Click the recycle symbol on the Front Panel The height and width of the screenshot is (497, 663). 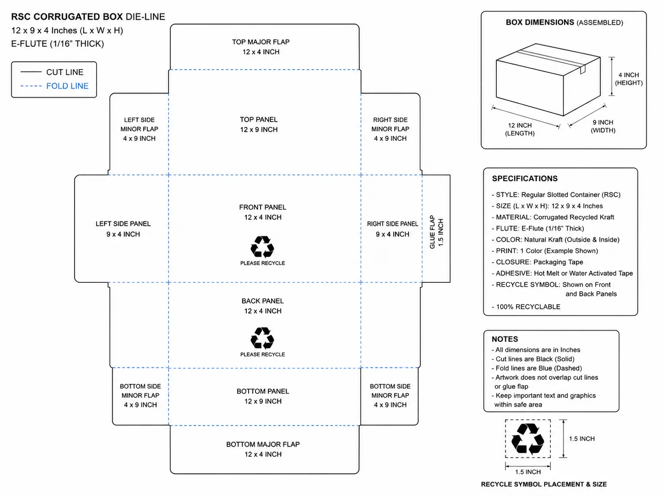tap(262, 247)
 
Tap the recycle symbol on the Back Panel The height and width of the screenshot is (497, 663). tap(262, 338)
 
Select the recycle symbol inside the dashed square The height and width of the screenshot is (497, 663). tap(527, 438)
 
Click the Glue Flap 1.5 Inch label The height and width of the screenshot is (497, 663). tap(436, 232)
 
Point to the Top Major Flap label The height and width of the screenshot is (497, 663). tap(261, 47)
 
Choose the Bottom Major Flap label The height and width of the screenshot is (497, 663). tap(263, 449)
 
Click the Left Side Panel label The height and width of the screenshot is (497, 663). tap(123, 229)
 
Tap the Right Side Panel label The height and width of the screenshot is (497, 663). tap(392, 229)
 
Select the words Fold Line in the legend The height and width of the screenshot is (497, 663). tap(67, 86)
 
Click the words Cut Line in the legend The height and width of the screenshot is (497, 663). tap(65, 72)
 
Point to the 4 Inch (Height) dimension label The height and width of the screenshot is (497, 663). tap(629, 79)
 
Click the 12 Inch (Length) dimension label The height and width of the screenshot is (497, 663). tap(520, 129)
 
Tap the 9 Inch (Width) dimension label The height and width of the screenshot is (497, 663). tap(603, 126)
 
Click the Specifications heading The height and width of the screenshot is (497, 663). tap(525, 178)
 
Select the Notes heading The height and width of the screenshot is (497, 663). tap(505, 339)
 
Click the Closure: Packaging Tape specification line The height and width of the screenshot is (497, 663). tap(538, 262)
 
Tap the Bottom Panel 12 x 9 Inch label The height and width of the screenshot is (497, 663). tap(263, 396)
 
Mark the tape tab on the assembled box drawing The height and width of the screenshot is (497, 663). tap(583, 69)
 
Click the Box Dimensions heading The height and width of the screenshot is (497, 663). tap(564, 22)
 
